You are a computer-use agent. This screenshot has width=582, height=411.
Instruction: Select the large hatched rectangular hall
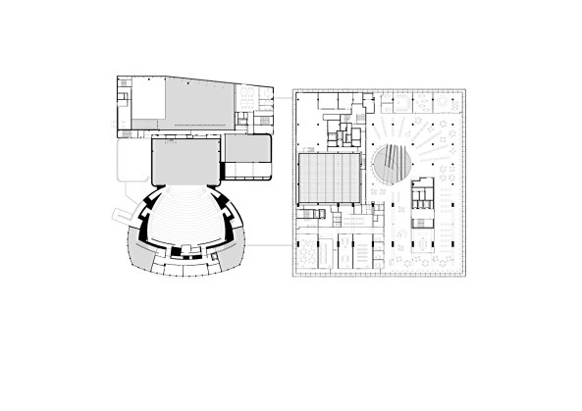tap(330, 180)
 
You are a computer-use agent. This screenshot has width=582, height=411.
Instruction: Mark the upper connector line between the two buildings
tap(282, 99)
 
